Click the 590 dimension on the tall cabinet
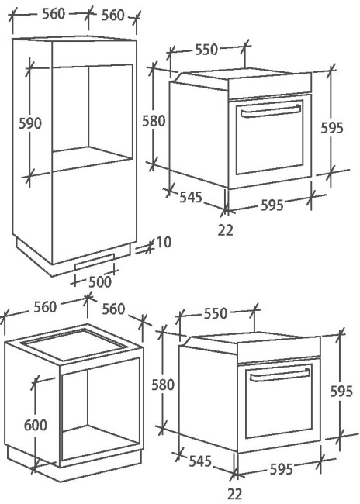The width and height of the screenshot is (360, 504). click(x=30, y=123)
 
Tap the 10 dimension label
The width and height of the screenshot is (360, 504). click(x=163, y=242)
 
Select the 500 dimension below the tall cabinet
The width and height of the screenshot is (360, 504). click(x=100, y=282)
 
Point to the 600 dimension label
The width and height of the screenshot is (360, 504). click(x=36, y=425)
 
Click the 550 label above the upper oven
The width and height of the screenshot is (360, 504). click(x=206, y=50)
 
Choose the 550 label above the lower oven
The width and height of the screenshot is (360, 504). click(x=216, y=313)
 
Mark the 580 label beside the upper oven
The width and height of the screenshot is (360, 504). click(x=154, y=121)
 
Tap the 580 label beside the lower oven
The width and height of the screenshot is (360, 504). click(x=163, y=385)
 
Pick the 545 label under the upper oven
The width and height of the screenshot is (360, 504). click(x=190, y=197)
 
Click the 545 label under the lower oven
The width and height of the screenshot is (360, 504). click(x=200, y=461)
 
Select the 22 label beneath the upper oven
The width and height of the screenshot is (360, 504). click(x=225, y=230)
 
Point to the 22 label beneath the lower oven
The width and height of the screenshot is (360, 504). click(x=235, y=494)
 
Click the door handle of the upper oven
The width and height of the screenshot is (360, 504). click(x=271, y=110)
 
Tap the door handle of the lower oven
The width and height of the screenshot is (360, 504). click(x=280, y=375)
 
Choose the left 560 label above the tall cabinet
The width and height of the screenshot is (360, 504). click(x=54, y=14)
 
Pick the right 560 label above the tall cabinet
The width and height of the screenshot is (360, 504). click(x=113, y=15)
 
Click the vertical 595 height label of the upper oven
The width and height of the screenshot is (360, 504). click(x=332, y=128)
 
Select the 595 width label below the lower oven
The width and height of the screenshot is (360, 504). click(x=282, y=469)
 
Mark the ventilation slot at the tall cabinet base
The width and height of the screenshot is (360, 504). click(x=95, y=261)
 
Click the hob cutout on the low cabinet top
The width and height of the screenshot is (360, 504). click(x=73, y=344)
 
